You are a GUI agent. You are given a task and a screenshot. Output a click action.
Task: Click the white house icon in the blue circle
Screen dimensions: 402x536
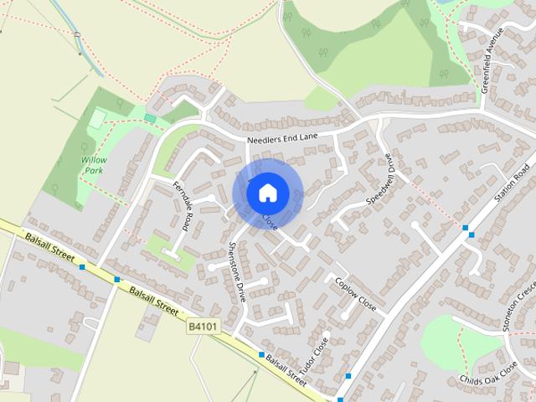pyautogui.click(x=267, y=192)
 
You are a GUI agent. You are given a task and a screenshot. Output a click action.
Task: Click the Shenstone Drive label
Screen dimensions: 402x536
pyautogui.click(x=236, y=271)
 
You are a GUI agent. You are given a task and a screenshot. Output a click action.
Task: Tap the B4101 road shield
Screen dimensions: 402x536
pyautogui.click(x=203, y=327)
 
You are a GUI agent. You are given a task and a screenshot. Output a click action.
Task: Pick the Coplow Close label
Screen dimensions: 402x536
pyautogui.click(x=355, y=294)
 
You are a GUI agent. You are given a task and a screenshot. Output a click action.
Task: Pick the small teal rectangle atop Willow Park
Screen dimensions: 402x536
pyautogui.click(x=150, y=118)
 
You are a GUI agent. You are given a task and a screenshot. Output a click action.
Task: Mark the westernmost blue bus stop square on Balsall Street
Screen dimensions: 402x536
pyautogui.click(x=81, y=267)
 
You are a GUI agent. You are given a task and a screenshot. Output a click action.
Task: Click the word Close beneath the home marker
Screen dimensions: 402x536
pyautogui.click(x=269, y=223)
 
